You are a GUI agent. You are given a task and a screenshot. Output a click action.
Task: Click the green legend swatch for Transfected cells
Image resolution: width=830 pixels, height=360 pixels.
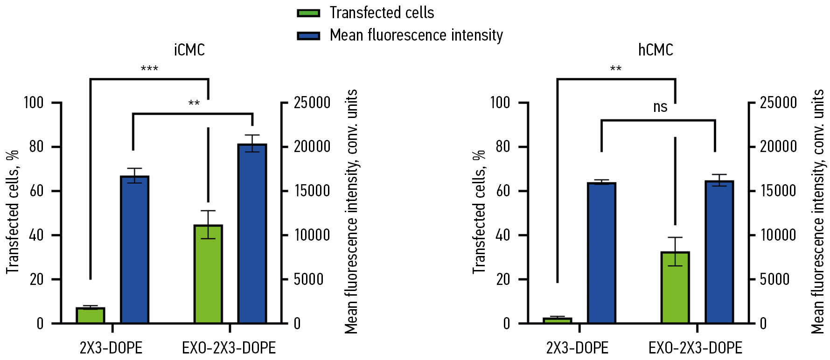pos(308,13)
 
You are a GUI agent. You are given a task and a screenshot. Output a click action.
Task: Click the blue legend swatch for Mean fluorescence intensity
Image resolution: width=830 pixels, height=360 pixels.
pos(308,36)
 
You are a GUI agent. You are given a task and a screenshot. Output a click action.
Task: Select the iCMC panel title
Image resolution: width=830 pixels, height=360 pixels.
pos(189,50)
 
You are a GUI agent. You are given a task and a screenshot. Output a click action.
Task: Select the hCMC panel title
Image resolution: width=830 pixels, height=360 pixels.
pos(656,50)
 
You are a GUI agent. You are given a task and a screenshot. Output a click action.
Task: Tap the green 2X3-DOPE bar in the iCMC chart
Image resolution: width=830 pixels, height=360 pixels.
pos(91,316)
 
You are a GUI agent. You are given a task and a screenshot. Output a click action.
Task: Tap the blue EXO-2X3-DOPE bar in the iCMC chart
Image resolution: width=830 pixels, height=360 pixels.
pos(252,233)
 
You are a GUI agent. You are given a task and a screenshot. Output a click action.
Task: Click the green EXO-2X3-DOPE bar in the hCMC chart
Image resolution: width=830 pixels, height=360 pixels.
pos(675,287)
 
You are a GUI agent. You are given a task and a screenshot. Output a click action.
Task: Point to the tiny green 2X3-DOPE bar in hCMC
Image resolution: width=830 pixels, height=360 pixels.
pos(558,320)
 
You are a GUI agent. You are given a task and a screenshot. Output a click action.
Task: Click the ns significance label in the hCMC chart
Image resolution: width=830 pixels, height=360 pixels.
pos(660,107)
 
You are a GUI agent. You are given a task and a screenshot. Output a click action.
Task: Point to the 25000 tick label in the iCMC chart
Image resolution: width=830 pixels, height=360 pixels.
pos(312,103)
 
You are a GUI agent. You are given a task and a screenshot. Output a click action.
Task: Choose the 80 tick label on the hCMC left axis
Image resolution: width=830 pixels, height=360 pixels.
pos(502,147)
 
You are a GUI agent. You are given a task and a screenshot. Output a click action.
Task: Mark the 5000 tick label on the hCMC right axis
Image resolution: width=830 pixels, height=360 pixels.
pos(774,279)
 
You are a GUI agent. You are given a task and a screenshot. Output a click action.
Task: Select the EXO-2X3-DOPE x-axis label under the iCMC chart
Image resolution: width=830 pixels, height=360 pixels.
pos(229,348)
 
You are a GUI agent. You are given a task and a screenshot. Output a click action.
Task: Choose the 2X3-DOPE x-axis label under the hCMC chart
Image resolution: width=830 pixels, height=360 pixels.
pos(577,348)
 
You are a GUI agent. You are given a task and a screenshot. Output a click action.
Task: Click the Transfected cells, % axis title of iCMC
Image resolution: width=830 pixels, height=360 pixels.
pos(13,212)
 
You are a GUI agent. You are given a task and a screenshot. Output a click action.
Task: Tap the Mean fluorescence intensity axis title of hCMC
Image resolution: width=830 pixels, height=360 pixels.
pos(817,212)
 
